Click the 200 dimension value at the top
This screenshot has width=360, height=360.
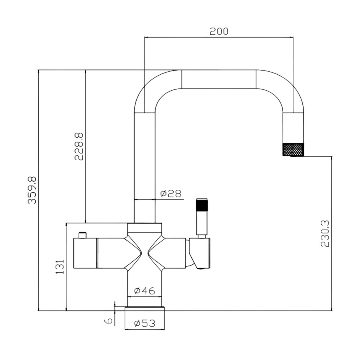[x=219, y=31]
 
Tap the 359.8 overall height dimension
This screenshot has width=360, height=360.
[x=32, y=190]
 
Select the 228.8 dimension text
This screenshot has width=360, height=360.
[x=79, y=146]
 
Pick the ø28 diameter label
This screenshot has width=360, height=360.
[x=171, y=193]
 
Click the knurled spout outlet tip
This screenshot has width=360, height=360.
[x=293, y=149]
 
